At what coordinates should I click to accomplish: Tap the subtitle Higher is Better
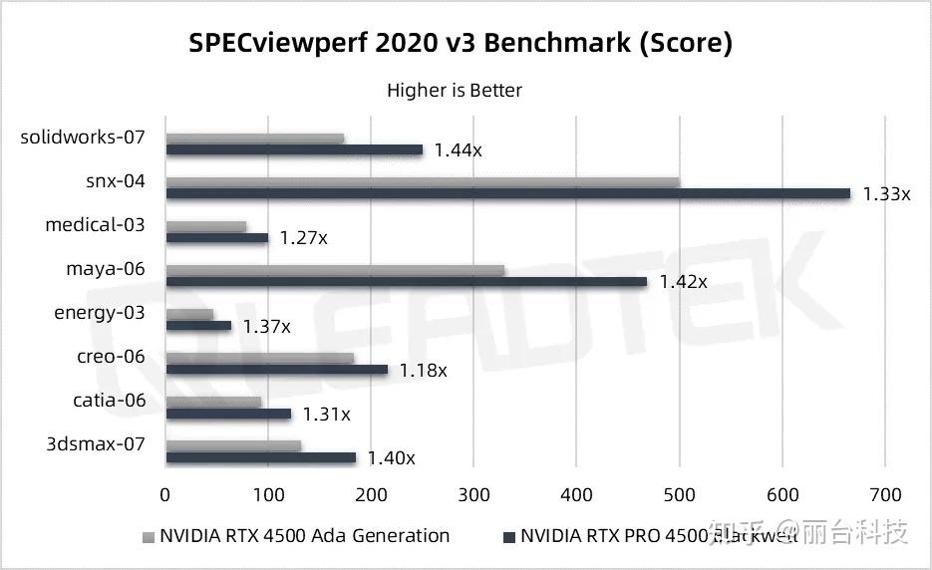point(455,91)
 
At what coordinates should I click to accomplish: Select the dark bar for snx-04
point(507,193)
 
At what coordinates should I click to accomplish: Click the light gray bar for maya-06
point(335,270)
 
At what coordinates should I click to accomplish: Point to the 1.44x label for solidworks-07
point(458,150)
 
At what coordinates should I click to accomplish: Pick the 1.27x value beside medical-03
point(303,238)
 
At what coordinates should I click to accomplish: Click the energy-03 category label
point(99,313)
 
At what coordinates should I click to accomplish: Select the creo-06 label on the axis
point(111,357)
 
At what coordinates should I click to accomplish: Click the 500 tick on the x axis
point(680,494)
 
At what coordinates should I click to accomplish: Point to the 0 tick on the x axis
point(165,494)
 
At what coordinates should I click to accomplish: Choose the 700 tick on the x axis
point(885,494)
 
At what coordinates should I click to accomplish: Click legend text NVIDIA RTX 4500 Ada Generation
point(304,536)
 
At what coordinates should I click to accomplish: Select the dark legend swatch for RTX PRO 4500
point(509,537)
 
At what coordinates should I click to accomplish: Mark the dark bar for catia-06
point(228,414)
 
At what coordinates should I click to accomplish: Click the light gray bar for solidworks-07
point(254,139)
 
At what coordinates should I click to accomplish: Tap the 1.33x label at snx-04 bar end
point(886,194)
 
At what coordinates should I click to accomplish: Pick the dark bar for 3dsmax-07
point(260,457)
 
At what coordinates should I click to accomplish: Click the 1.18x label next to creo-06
point(423,370)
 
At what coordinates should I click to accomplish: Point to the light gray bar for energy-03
point(189,314)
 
